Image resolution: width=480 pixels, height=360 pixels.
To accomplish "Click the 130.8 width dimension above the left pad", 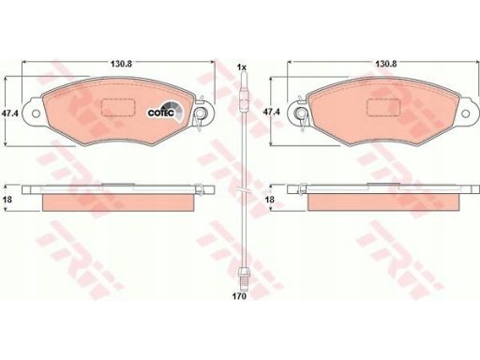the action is click(121, 64).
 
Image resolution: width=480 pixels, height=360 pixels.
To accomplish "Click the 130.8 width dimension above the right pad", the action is click(386, 64).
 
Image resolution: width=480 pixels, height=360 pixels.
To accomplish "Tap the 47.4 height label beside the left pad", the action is click(10, 113).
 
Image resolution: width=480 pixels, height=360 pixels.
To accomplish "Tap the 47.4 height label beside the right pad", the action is click(271, 112).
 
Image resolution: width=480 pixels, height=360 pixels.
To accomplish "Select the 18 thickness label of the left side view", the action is click(7, 199).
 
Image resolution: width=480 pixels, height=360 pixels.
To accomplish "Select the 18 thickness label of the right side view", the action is click(269, 199).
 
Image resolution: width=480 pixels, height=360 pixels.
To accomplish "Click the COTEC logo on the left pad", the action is click(166, 112).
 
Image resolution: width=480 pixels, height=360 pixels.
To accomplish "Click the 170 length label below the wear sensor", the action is click(239, 296).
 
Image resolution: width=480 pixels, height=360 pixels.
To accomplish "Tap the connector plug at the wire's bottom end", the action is click(243, 277).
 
